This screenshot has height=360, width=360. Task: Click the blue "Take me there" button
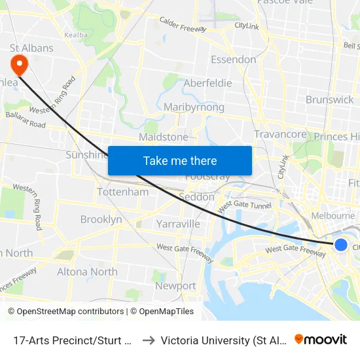[179, 160]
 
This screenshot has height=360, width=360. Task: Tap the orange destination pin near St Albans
[18, 65]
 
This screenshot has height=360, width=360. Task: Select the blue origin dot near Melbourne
[340, 244]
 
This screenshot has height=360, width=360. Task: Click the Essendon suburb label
[233, 60]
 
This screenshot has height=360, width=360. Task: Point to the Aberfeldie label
[207, 83]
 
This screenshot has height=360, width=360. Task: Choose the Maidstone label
[163, 137]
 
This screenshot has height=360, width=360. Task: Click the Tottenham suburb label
[122, 192]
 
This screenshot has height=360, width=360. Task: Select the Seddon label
[196, 196]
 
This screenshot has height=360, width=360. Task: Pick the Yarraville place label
[178, 224]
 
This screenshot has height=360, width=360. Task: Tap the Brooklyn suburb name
[101, 219]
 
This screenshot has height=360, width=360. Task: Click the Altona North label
[87, 271]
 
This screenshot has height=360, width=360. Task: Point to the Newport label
[175, 285]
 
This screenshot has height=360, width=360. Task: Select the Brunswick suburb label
[329, 99]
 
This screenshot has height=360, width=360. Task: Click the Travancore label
[280, 134]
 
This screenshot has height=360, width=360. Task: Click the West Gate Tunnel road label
[244, 205]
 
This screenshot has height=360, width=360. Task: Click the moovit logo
[320, 339]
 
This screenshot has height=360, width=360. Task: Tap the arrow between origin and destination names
[148, 340]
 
